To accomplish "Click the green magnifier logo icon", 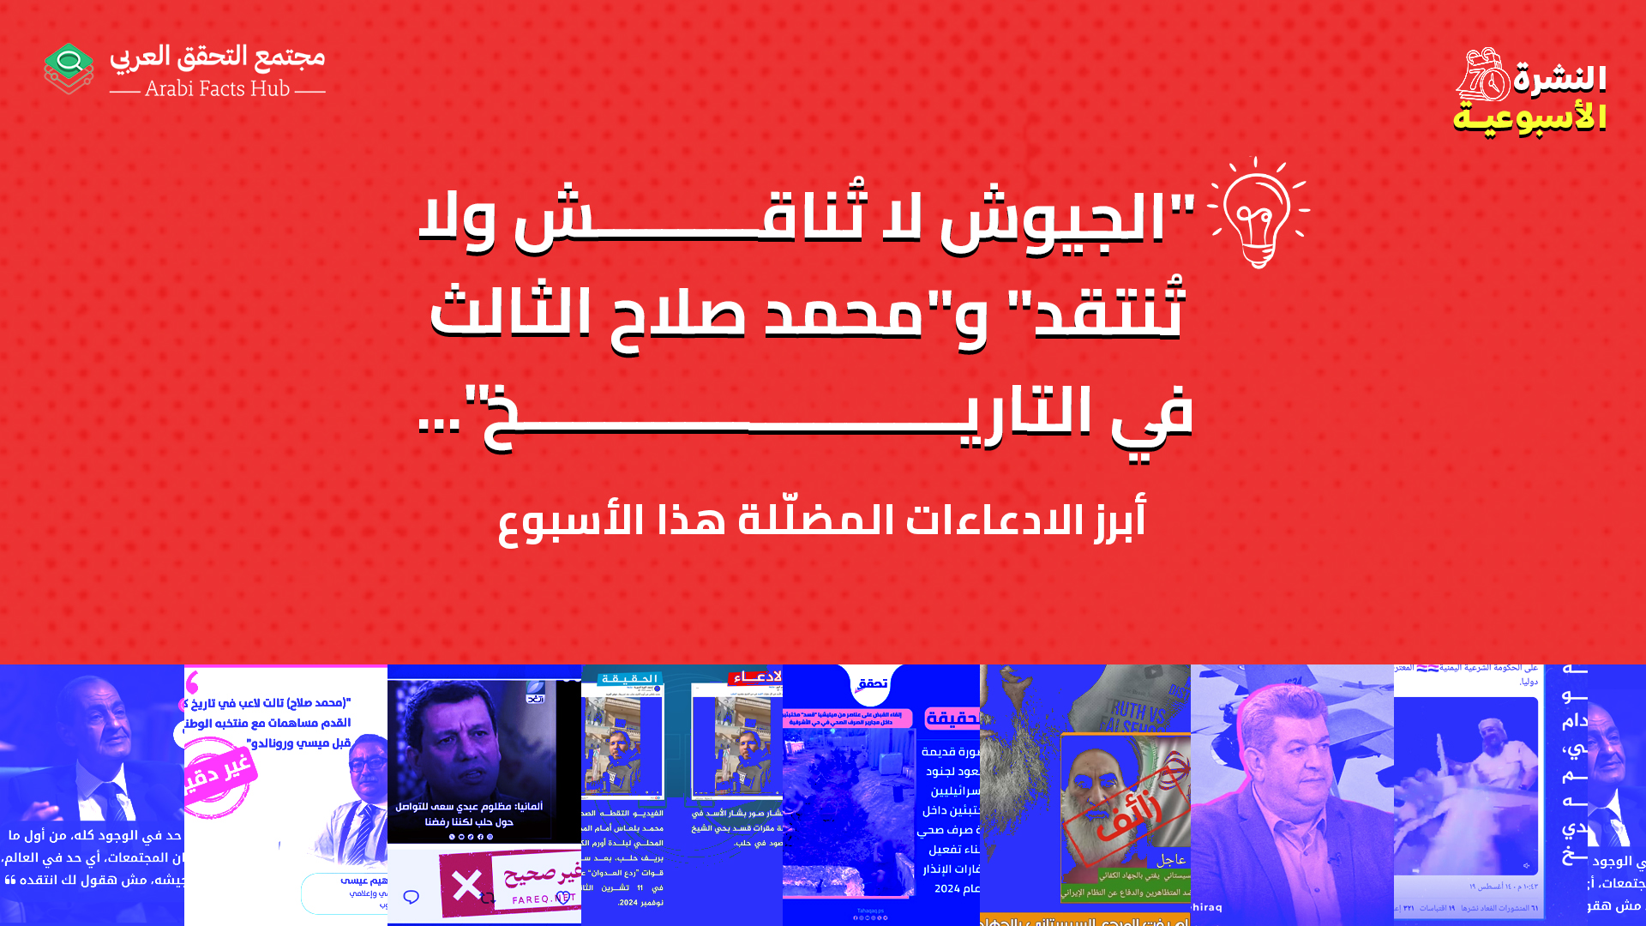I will click(69, 67).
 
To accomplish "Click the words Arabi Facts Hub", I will click(218, 88).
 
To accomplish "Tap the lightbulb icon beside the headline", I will click(1257, 214).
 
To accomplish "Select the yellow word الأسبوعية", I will click(1529, 117).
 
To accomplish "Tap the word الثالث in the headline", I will click(510, 313).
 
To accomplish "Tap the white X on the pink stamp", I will click(467, 885).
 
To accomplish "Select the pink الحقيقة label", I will click(952, 719).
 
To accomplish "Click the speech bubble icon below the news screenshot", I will click(411, 897).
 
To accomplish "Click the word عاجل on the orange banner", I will click(1170, 860).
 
